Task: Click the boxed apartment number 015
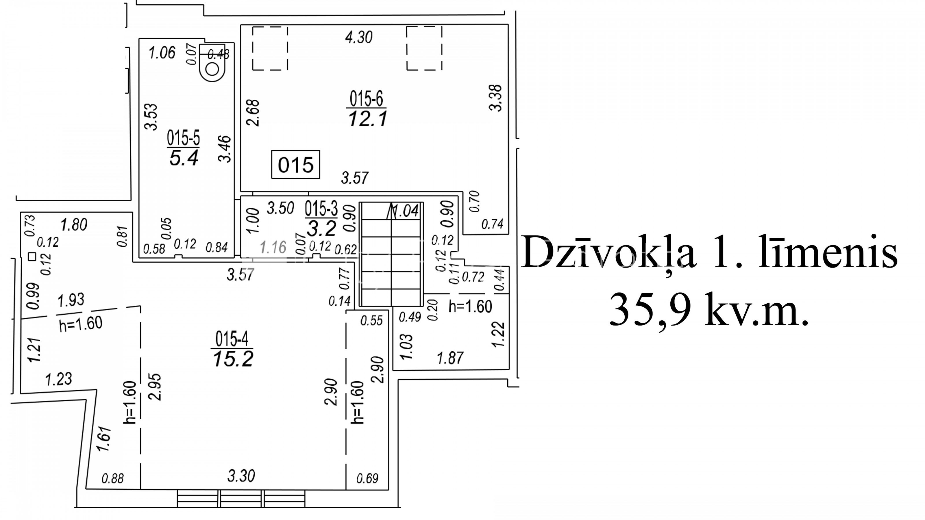pos(295,165)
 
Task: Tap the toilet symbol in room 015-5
pos(212,62)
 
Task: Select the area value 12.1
pos(368,118)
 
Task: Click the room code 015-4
pos(232,339)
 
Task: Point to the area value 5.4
pos(184,158)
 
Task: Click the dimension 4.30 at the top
pos(359,37)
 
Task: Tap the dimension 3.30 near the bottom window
pos(241,476)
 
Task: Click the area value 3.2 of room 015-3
pos(321,228)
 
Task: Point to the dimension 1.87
pos(450,358)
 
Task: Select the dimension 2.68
pos(253,113)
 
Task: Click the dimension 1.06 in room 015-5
pos(162,53)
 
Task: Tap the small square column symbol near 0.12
pos(32,257)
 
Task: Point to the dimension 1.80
pos(74,225)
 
